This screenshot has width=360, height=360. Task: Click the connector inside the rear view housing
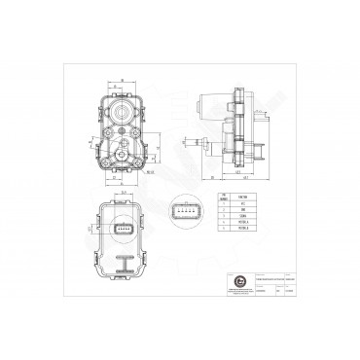(124, 230)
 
